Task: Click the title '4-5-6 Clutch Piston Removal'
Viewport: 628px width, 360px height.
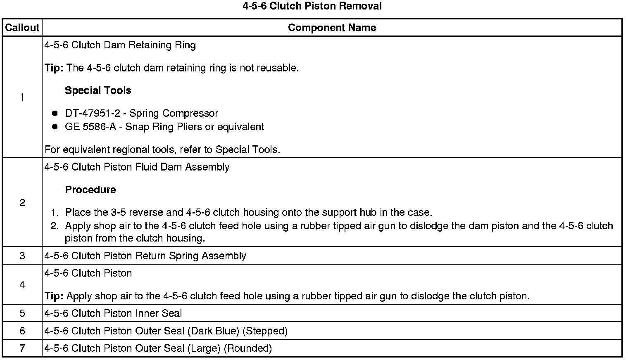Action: pyautogui.click(x=312, y=6)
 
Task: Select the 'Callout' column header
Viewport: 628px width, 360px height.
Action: pyautogui.click(x=22, y=28)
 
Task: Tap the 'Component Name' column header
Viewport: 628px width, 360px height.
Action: pyautogui.click(x=332, y=28)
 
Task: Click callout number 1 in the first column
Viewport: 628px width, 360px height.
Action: pyautogui.click(x=22, y=97)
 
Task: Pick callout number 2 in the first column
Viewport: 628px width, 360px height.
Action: pyautogui.click(x=22, y=203)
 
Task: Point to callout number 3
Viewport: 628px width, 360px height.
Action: pyautogui.click(x=22, y=256)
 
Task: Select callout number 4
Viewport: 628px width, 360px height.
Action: pyautogui.click(x=22, y=285)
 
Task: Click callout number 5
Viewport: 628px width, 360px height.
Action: pyautogui.click(x=22, y=313)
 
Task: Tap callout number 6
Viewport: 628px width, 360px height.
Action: pyautogui.click(x=22, y=331)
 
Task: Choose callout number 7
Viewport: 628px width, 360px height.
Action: pyautogui.click(x=22, y=348)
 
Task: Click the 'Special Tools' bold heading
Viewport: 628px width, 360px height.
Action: pyautogui.click(x=98, y=90)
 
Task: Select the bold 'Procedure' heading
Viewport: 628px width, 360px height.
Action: pyautogui.click(x=90, y=190)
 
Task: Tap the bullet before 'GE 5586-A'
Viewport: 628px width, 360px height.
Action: pyautogui.click(x=55, y=127)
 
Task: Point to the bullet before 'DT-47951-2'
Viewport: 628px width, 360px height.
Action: pyautogui.click(x=55, y=114)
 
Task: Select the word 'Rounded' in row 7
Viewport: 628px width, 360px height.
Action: pyautogui.click(x=248, y=348)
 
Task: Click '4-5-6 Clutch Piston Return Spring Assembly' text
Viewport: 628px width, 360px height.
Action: pyautogui.click(x=145, y=256)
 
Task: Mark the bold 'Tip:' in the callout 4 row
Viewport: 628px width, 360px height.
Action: pyautogui.click(x=54, y=296)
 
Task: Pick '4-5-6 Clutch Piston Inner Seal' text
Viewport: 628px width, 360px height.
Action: pyautogui.click(x=113, y=313)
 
